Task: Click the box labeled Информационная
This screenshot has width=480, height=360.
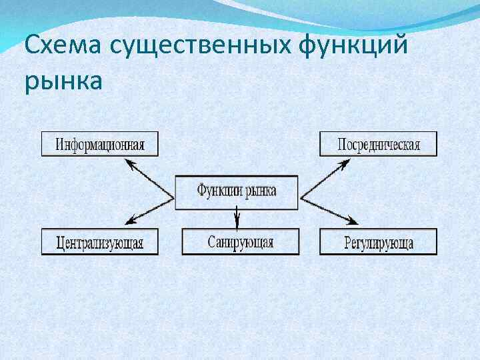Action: tap(100, 144)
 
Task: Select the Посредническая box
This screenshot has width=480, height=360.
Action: tap(378, 144)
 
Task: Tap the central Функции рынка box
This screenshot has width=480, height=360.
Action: tap(237, 191)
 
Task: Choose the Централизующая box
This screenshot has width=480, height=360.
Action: tap(100, 241)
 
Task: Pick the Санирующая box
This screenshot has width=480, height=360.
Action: tap(240, 241)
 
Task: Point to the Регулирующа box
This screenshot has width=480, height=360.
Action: tap(378, 241)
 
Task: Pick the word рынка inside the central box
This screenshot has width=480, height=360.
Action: tap(261, 191)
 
